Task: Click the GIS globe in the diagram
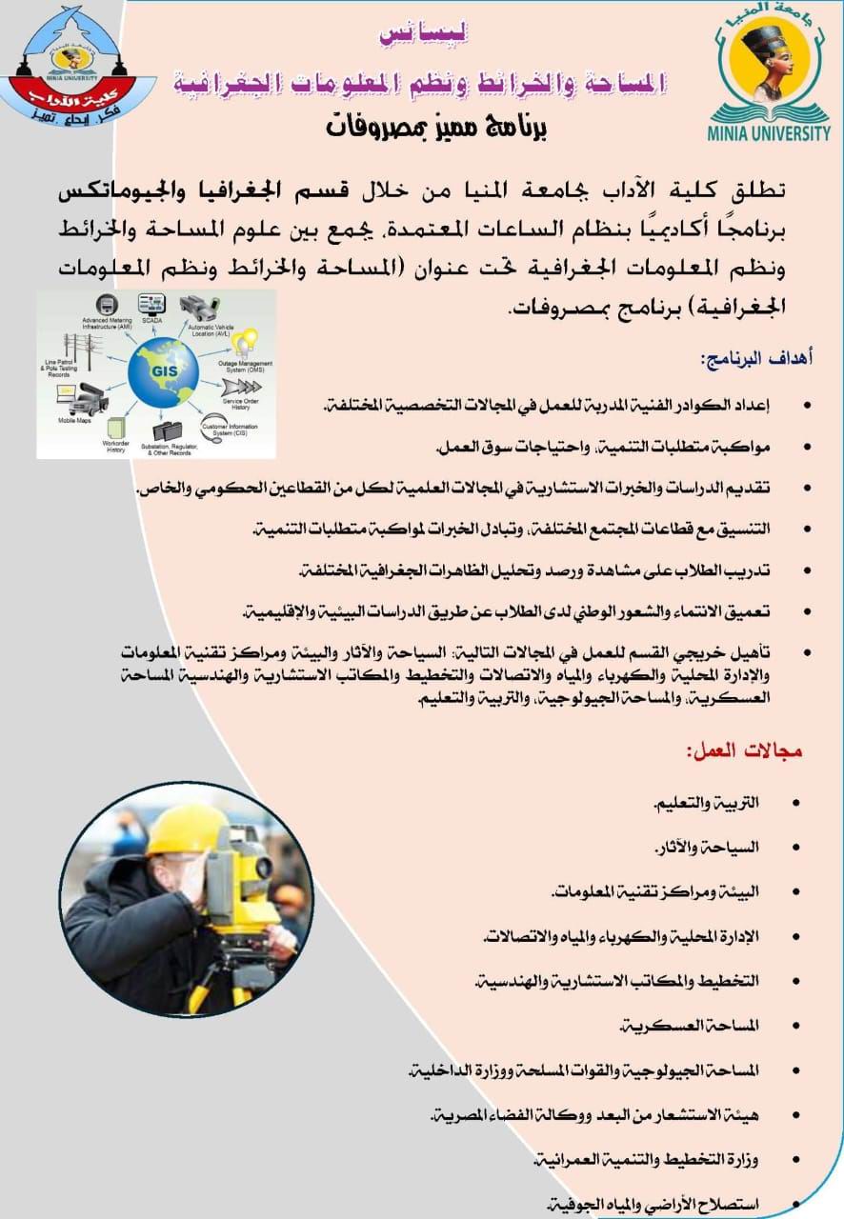tap(167, 372)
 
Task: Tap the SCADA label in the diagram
tap(153, 320)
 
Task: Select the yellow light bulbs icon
tap(246, 341)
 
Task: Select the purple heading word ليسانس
tap(423, 36)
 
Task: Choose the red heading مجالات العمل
tap(745, 750)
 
